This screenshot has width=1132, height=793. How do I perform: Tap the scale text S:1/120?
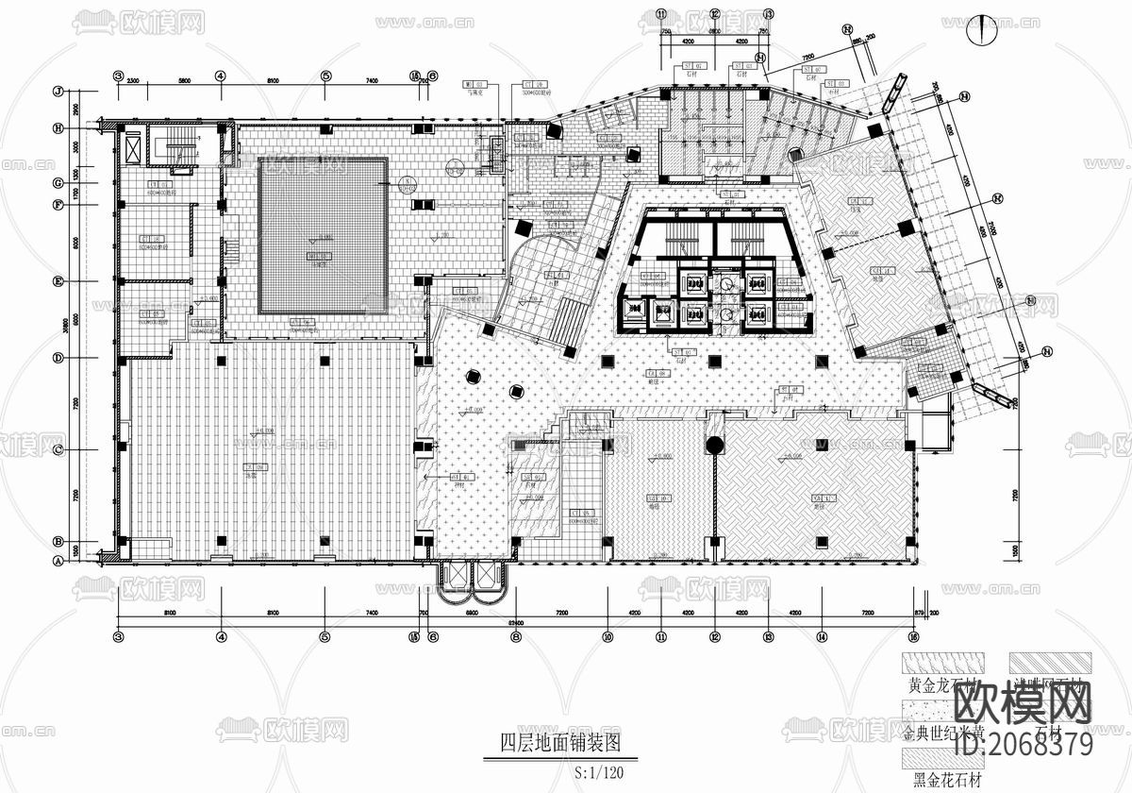[598, 771]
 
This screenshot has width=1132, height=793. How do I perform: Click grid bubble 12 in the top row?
[715, 14]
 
